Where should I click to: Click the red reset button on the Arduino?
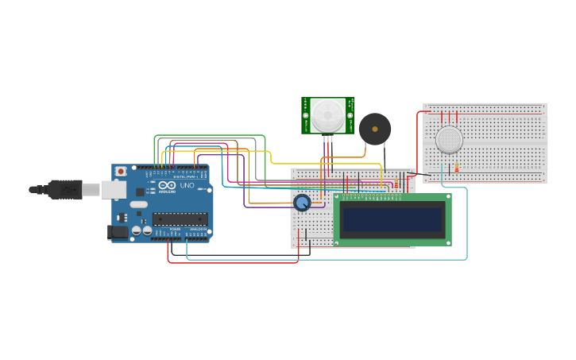pos(120,171)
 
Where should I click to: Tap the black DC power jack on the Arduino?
pos(117,232)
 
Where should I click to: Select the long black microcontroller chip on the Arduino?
pos(180,219)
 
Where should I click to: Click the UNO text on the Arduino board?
pos(187,186)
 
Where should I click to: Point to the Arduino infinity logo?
pos(166,185)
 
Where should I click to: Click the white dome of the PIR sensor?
pos(327,115)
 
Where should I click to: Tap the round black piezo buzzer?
pos(375,129)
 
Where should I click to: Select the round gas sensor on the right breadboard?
pos(449,140)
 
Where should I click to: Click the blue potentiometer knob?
pos(302,203)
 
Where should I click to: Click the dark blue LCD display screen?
pos(392,219)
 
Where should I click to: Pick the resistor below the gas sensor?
pos(456,168)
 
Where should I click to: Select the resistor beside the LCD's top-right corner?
pos(396,185)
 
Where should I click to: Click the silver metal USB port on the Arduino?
pos(113,189)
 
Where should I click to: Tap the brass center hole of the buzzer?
pos(375,129)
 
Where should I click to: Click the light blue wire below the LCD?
pos(318,259)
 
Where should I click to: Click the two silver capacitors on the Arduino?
pos(142,230)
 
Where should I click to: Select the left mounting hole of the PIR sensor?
pos(305,116)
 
